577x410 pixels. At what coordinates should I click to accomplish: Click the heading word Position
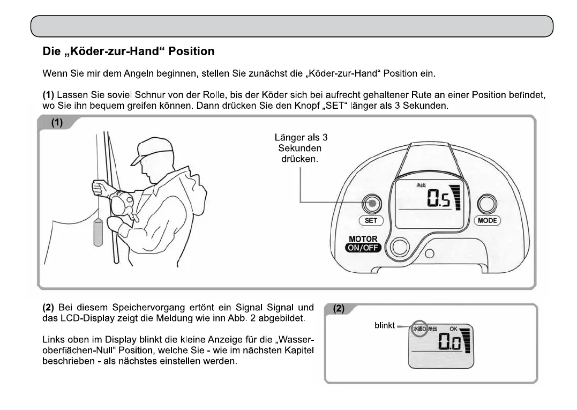(x=191, y=52)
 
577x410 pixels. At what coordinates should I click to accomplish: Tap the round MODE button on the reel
(x=486, y=204)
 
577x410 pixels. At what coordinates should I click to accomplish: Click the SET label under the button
(x=371, y=220)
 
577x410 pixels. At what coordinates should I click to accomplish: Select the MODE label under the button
(x=487, y=220)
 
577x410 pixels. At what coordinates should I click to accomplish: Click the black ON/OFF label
(x=363, y=248)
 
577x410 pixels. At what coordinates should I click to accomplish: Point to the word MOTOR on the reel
(x=363, y=239)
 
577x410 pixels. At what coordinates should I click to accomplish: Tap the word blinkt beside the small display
(x=385, y=325)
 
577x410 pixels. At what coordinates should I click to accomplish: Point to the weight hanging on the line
(x=98, y=232)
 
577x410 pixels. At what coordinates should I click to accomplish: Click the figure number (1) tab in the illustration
(x=57, y=123)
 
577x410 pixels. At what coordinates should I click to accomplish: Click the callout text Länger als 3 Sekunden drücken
(x=301, y=148)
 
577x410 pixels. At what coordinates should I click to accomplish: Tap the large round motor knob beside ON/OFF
(x=399, y=247)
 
